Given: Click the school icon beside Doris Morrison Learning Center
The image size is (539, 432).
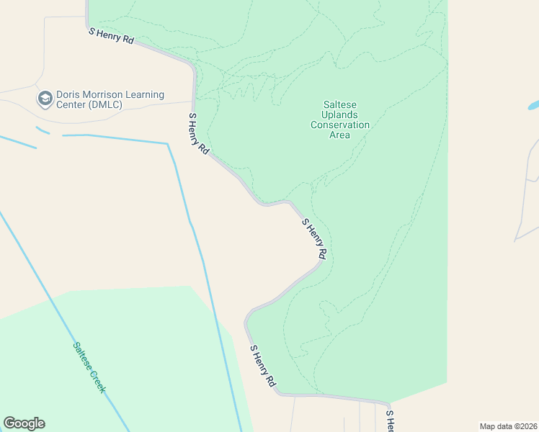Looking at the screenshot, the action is (x=45, y=99).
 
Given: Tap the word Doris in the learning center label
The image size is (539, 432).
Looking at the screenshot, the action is (x=72, y=94).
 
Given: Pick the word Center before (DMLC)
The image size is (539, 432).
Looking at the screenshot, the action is (x=68, y=105).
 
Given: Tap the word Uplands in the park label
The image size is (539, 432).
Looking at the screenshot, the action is (x=340, y=114).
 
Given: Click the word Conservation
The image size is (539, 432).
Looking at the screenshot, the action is (x=340, y=125).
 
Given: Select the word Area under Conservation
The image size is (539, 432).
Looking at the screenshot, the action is (x=340, y=135).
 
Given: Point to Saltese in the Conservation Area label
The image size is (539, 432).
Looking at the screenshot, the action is (x=340, y=104).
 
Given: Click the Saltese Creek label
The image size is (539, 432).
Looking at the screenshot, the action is (x=89, y=366).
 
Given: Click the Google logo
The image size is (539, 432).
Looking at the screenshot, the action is (x=24, y=423).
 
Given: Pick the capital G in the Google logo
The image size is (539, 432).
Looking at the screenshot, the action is (x=9, y=423).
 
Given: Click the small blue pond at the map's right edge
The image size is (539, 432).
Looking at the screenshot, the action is (x=533, y=105).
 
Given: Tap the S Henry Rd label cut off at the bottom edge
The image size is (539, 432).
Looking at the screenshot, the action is (x=390, y=422).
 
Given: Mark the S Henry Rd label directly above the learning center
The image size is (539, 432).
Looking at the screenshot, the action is (x=111, y=35).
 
